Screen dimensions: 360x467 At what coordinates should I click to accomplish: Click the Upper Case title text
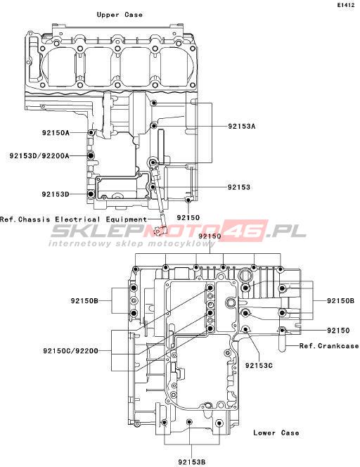(x=120, y=15)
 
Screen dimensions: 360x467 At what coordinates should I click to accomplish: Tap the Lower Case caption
(x=276, y=433)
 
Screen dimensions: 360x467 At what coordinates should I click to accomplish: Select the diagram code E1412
(x=346, y=5)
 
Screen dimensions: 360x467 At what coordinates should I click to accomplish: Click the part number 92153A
(x=241, y=127)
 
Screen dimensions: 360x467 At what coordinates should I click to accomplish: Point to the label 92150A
(x=56, y=132)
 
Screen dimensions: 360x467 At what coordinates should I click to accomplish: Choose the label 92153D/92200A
(x=39, y=155)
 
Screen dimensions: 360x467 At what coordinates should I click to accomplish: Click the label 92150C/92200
(x=70, y=351)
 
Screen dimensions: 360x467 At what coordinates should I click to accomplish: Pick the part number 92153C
(x=259, y=365)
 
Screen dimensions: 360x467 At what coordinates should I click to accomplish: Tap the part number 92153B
(x=192, y=462)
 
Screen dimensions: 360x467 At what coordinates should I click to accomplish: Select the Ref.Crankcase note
(x=329, y=346)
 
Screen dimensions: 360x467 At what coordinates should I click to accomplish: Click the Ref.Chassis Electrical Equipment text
(x=74, y=219)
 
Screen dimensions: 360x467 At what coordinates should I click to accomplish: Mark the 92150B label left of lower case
(x=84, y=301)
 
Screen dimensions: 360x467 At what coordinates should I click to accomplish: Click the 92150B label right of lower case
(x=340, y=301)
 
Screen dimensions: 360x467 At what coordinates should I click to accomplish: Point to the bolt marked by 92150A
(x=91, y=132)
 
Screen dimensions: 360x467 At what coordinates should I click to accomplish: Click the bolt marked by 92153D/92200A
(x=91, y=155)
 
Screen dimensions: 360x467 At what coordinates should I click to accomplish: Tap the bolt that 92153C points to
(x=245, y=329)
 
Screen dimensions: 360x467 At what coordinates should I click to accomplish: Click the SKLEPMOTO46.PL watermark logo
(x=178, y=231)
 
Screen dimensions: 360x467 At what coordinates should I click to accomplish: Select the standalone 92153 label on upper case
(x=239, y=187)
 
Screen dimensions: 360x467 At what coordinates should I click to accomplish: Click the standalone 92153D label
(x=56, y=194)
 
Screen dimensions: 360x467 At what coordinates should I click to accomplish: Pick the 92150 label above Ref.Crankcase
(x=338, y=331)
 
